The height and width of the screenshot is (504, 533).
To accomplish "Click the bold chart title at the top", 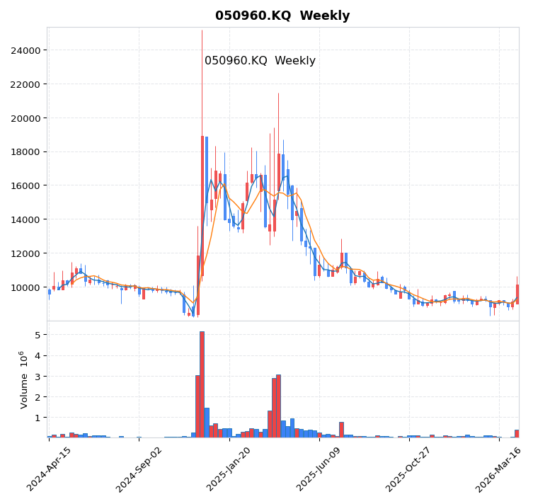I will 282,16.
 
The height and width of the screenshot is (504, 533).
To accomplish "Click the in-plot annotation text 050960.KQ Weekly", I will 260,61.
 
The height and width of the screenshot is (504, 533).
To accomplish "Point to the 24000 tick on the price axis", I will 25,50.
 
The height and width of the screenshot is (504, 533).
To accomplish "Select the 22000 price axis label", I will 25,84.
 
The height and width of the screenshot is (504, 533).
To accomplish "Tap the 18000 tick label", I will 25,151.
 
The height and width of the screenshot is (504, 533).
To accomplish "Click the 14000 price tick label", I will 25,219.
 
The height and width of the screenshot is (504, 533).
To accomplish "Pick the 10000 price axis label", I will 25,287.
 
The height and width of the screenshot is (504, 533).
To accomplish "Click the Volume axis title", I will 25,379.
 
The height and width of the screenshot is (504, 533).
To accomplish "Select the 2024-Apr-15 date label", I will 49,469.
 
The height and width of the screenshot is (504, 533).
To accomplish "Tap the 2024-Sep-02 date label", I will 139,469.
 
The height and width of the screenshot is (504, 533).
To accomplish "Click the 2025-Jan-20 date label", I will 229,469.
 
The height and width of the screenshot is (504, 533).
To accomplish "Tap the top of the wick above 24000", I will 202,31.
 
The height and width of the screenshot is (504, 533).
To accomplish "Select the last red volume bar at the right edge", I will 517,433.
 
